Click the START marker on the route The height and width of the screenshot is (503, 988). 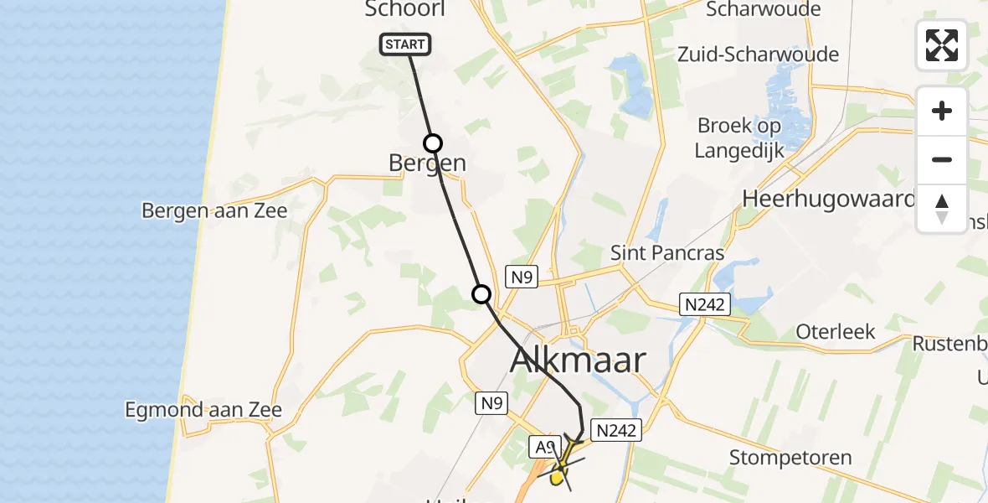(406, 44)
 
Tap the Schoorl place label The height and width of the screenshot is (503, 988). (404, 9)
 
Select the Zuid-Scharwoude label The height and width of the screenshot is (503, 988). (771, 54)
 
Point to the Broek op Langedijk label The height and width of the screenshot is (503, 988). (739, 137)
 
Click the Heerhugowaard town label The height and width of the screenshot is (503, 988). (829, 199)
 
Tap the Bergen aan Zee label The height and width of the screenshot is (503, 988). (214, 210)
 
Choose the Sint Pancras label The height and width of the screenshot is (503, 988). (667, 251)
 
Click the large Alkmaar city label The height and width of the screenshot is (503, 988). (578, 360)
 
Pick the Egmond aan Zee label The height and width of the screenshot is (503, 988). (203, 410)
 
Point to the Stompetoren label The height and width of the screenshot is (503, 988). (790, 458)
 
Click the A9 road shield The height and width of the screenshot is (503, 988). (543, 448)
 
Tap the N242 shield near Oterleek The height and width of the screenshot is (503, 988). (704, 304)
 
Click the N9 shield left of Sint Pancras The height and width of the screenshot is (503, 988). (521, 277)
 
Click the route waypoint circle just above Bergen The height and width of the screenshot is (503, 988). (432, 143)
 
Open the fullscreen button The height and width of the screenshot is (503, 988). (942, 45)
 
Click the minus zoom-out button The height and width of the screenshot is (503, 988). (942, 159)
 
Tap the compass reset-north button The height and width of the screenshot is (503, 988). (942, 208)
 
